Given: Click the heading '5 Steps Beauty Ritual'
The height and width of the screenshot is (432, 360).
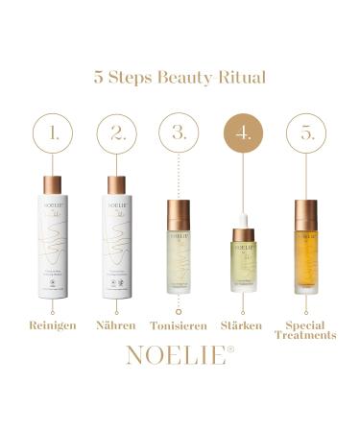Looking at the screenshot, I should pos(180,77).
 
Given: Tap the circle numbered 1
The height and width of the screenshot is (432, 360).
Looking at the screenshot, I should pos(53,134).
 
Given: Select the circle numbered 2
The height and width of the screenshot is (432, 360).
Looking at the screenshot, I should pos(117,134).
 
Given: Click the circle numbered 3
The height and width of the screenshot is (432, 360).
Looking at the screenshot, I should pos(180,134).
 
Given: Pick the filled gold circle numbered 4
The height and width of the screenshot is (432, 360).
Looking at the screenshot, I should pos(244,134).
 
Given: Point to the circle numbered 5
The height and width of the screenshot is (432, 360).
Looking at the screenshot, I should pos(307,134).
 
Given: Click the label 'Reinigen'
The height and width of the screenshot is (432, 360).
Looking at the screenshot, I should pos(53,325).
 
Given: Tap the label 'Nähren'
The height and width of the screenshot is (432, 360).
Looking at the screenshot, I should pos(117,325).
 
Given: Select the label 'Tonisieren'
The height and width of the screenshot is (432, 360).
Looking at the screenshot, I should pos(180,325).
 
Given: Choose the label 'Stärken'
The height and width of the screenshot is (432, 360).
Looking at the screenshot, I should pos(244,325).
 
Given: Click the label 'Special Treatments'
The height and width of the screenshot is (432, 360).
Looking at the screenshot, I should pos(307,330).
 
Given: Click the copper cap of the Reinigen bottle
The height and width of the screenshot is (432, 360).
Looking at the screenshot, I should pos(53,185).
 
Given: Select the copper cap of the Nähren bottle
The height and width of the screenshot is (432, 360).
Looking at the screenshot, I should pos(117,185).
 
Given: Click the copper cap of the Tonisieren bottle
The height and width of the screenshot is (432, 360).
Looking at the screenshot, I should pos(180,212).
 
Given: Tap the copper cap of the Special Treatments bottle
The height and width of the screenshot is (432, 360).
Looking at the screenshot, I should pos(307,213).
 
